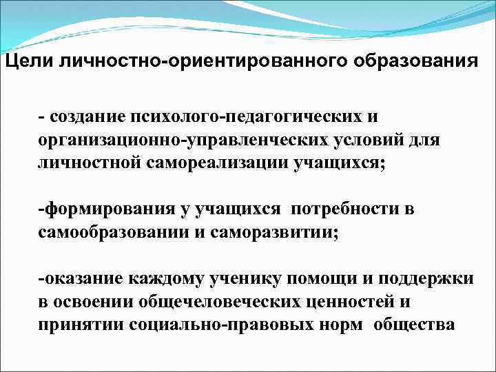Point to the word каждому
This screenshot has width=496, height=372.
169,279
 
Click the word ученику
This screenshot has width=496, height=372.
251,279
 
